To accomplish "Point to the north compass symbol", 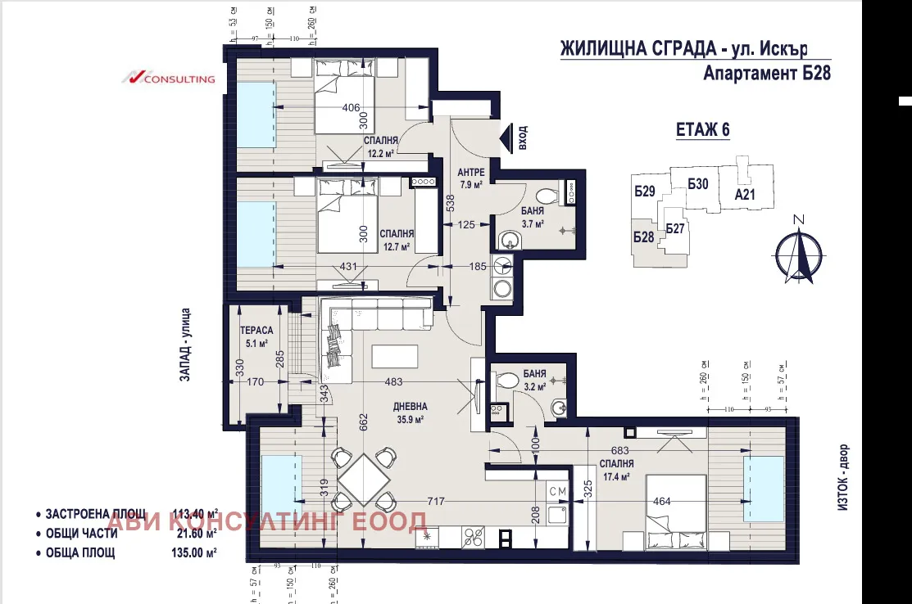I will click(x=800, y=252).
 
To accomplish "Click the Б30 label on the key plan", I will click(x=698, y=184).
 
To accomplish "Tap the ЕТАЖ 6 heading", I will click(x=702, y=129).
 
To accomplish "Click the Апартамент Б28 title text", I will click(x=767, y=74).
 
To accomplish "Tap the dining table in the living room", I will click(x=361, y=477).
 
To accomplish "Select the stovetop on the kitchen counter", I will click(x=473, y=538).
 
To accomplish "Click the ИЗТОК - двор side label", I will click(x=845, y=480).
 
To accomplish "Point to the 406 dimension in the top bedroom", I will click(x=351, y=108).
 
